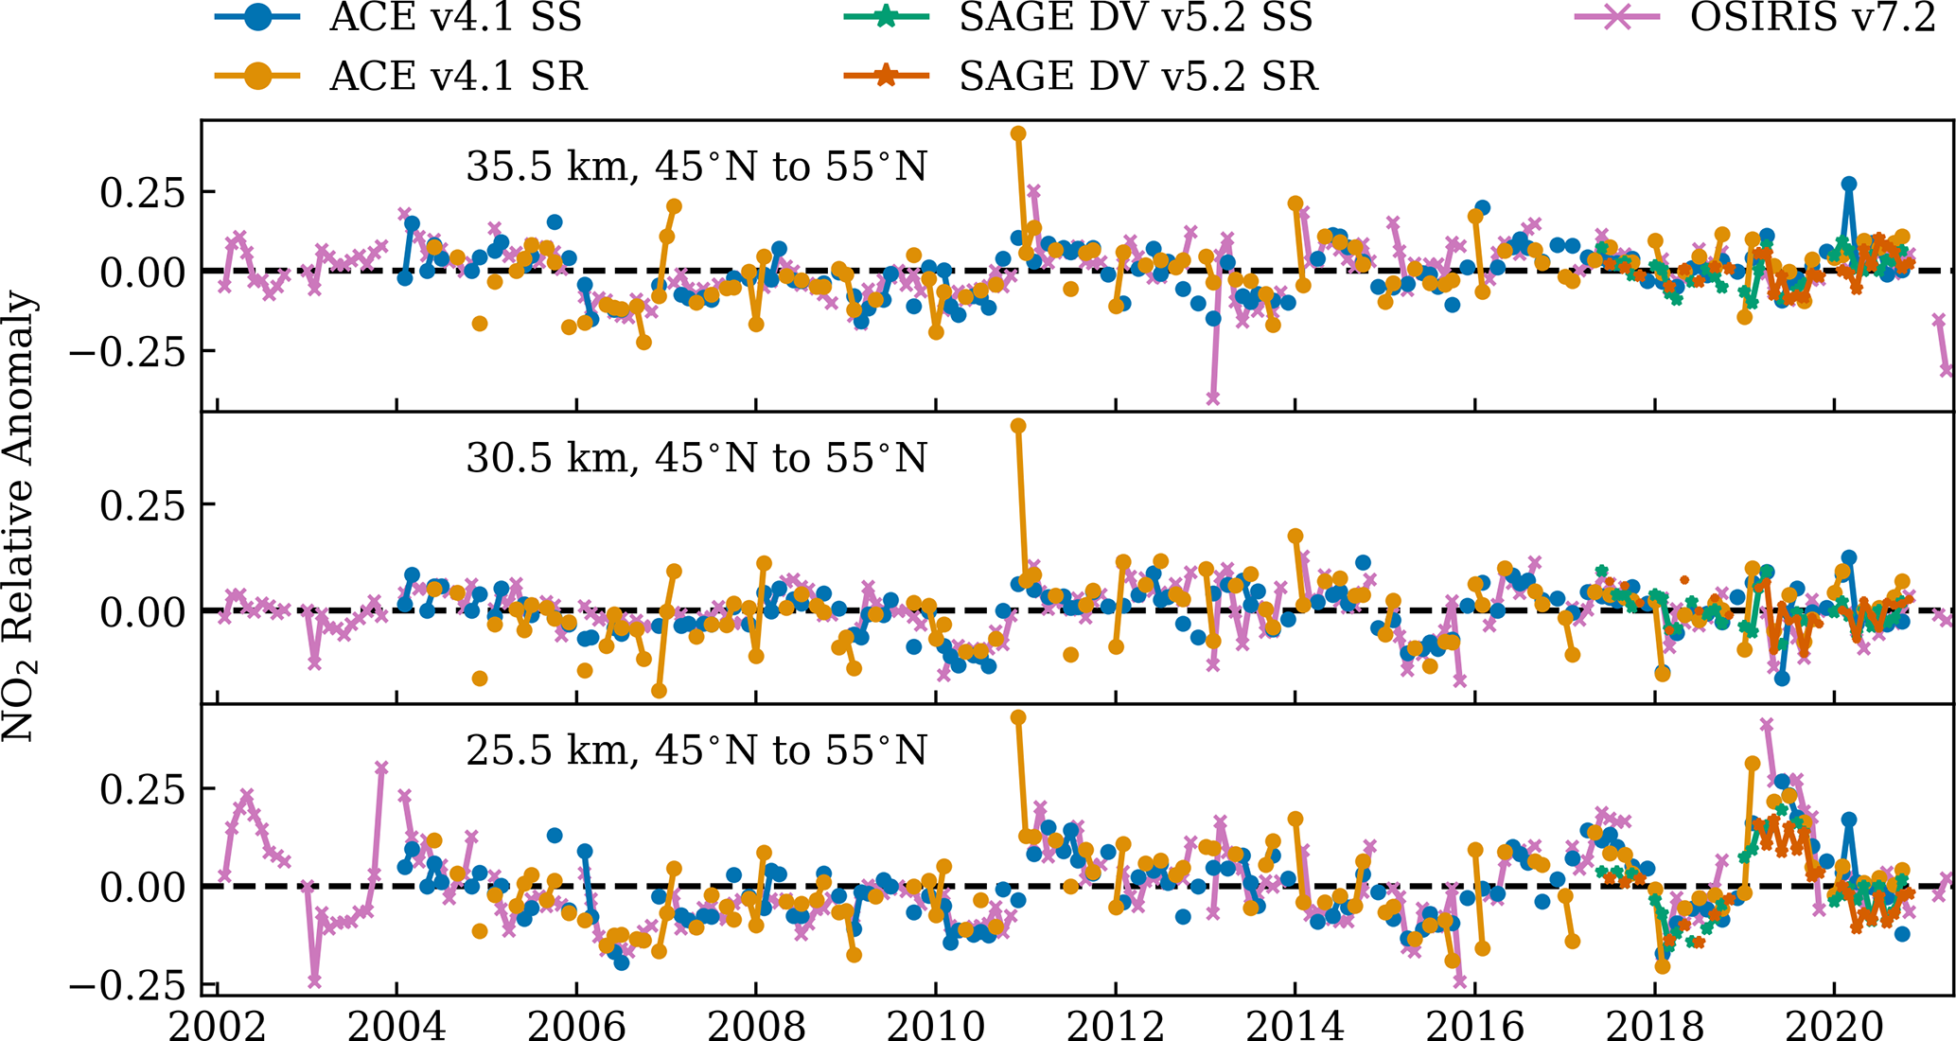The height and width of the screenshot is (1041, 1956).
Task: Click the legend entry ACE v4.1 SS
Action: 455,18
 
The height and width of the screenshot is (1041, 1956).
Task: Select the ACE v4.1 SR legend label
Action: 458,76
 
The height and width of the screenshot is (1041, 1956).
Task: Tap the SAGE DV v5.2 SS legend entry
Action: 1136,18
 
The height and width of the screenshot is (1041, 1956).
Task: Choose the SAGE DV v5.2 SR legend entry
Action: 1138,76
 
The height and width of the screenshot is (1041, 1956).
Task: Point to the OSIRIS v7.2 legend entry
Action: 1813,18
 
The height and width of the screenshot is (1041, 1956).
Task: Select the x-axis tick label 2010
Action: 936,1024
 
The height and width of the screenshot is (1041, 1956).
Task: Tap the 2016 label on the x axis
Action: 1474,1024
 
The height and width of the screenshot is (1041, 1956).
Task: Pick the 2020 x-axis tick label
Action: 1834,1024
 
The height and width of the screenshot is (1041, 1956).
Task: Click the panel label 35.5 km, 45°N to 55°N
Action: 696,167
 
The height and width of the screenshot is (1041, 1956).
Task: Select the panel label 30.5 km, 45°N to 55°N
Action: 696,459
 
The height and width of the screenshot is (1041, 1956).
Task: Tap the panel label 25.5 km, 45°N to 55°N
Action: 696,751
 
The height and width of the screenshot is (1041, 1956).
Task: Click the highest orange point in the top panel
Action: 1018,133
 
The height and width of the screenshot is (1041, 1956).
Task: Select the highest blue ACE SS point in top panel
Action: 1848,184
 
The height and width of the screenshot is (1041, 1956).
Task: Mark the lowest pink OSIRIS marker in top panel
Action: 1213,398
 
